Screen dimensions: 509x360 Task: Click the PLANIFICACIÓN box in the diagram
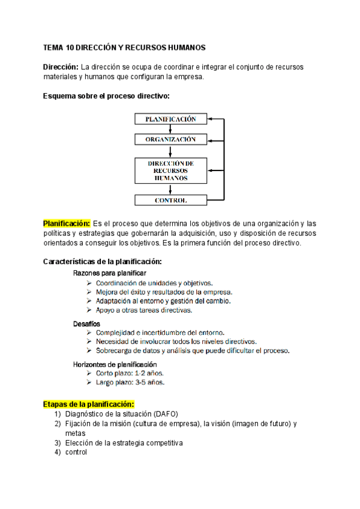click(x=170, y=119)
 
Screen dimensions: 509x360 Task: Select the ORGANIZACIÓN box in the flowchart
click(x=170, y=139)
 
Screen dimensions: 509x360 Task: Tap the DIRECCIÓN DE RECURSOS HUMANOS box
click(x=170, y=170)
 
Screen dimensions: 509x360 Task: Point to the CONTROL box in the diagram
click(x=170, y=200)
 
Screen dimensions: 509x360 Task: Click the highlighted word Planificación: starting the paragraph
click(x=67, y=223)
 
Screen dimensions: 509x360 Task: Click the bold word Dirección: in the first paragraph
click(x=61, y=67)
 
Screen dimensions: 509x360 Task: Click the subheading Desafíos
click(x=86, y=324)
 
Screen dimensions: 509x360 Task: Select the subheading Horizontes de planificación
click(x=115, y=364)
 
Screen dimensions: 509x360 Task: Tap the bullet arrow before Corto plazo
click(x=89, y=373)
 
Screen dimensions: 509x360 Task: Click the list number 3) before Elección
click(x=58, y=443)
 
